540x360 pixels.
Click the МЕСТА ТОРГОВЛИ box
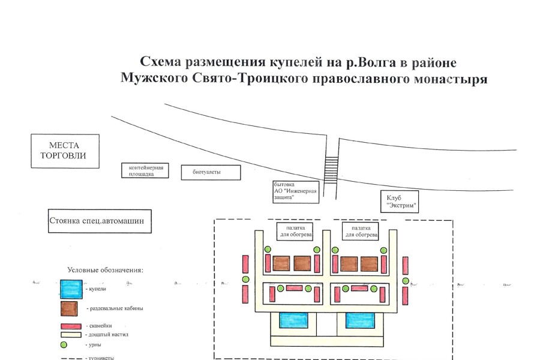[x=65, y=151]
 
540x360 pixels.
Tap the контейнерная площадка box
[x=145, y=170]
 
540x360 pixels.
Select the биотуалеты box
[x=211, y=172]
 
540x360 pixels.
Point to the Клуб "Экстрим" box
[x=400, y=201]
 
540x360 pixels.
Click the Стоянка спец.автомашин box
[x=100, y=221]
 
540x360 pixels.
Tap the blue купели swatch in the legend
[x=71, y=289]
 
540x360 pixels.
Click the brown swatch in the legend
[x=71, y=308]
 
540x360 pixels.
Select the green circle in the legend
[x=64, y=344]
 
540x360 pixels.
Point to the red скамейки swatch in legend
[x=71, y=327]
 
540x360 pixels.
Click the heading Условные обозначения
[x=106, y=270]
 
